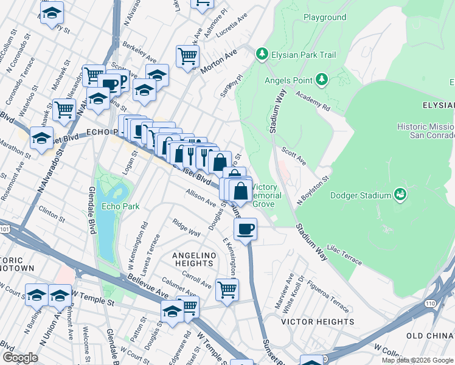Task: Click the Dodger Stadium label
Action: click(x=359, y=195)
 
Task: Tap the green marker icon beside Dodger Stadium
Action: click(x=400, y=195)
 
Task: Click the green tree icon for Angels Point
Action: click(x=321, y=80)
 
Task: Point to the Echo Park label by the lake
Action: click(x=120, y=206)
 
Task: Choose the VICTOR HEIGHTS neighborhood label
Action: click(x=318, y=321)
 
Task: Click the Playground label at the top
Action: click(x=324, y=18)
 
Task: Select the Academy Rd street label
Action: click(x=313, y=101)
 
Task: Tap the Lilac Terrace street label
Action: click(x=344, y=255)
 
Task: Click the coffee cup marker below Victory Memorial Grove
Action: click(x=245, y=230)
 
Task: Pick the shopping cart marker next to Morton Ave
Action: click(x=187, y=57)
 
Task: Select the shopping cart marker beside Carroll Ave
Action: click(x=227, y=289)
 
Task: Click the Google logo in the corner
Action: click(x=20, y=358)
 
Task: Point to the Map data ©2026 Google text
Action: click(x=417, y=360)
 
